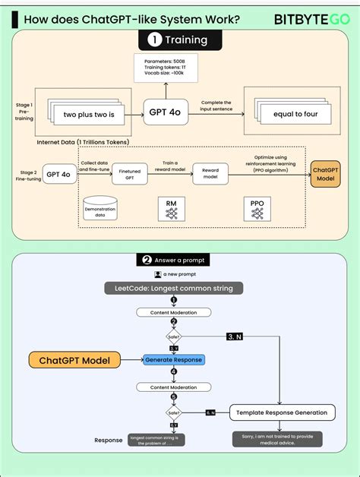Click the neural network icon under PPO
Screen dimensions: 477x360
[257, 215]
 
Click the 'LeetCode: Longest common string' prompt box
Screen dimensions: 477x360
[174, 288]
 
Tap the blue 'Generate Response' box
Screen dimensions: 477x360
[174, 359]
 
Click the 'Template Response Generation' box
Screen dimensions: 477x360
[282, 413]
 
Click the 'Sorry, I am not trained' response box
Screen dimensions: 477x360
[277, 440]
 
